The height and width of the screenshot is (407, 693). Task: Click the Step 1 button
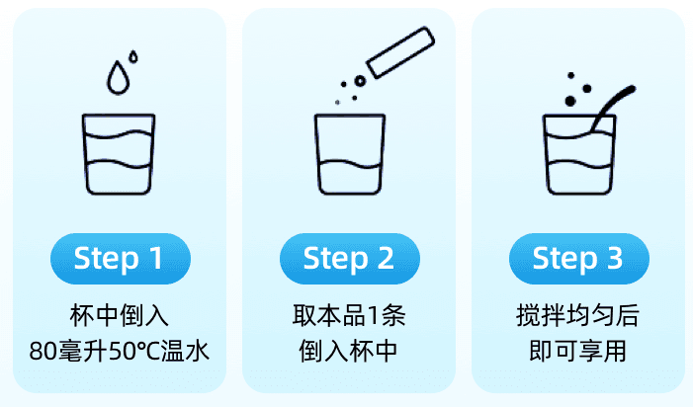(121, 259)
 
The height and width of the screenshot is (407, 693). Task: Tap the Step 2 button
(350, 259)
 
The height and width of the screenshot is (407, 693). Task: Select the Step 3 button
(579, 259)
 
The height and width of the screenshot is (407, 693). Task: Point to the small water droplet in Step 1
(133, 57)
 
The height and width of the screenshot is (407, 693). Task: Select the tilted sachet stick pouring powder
(400, 52)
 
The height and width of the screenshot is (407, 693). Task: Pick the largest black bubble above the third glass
(570, 101)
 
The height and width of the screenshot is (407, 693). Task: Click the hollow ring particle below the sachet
(360, 81)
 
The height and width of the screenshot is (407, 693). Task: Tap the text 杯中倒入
(120, 316)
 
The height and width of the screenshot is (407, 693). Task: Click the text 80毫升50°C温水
(120, 351)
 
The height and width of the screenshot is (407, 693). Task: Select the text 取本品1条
(349, 316)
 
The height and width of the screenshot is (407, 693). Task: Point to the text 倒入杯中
(349, 351)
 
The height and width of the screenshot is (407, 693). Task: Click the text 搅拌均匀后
(578, 316)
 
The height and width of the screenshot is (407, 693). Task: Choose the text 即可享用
(578, 351)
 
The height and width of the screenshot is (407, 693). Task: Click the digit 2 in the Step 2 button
(386, 258)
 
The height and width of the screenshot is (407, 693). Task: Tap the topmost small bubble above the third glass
(571, 75)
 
